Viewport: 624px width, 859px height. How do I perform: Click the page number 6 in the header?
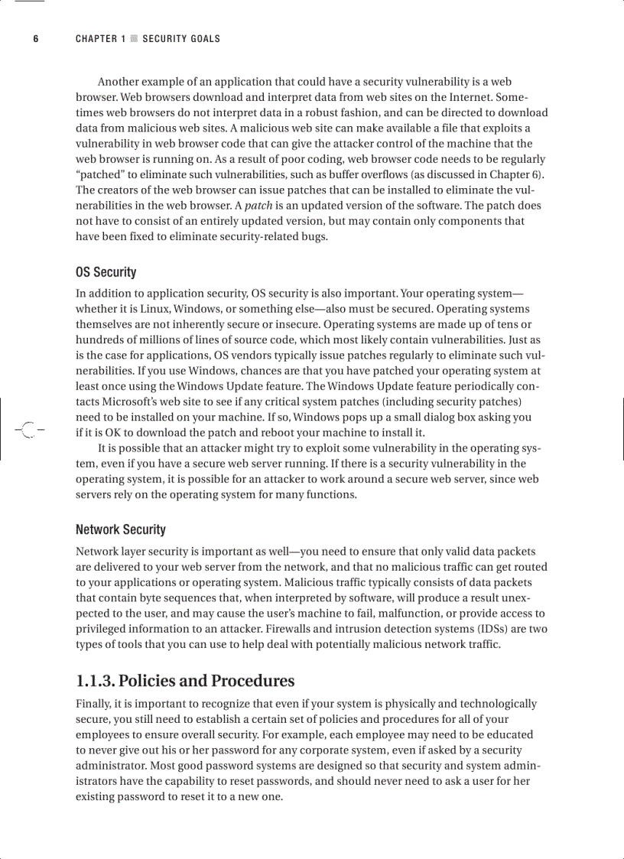tap(35, 39)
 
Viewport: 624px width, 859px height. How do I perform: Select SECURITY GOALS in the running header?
tap(181, 39)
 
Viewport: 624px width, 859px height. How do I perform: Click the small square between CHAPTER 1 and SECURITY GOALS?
tap(134, 39)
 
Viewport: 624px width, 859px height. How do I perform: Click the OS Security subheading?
tap(106, 272)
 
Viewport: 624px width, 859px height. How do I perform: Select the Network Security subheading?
tap(120, 529)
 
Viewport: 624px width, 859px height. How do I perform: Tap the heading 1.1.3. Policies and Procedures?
tap(185, 681)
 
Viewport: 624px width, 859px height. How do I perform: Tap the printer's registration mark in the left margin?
tap(28, 431)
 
